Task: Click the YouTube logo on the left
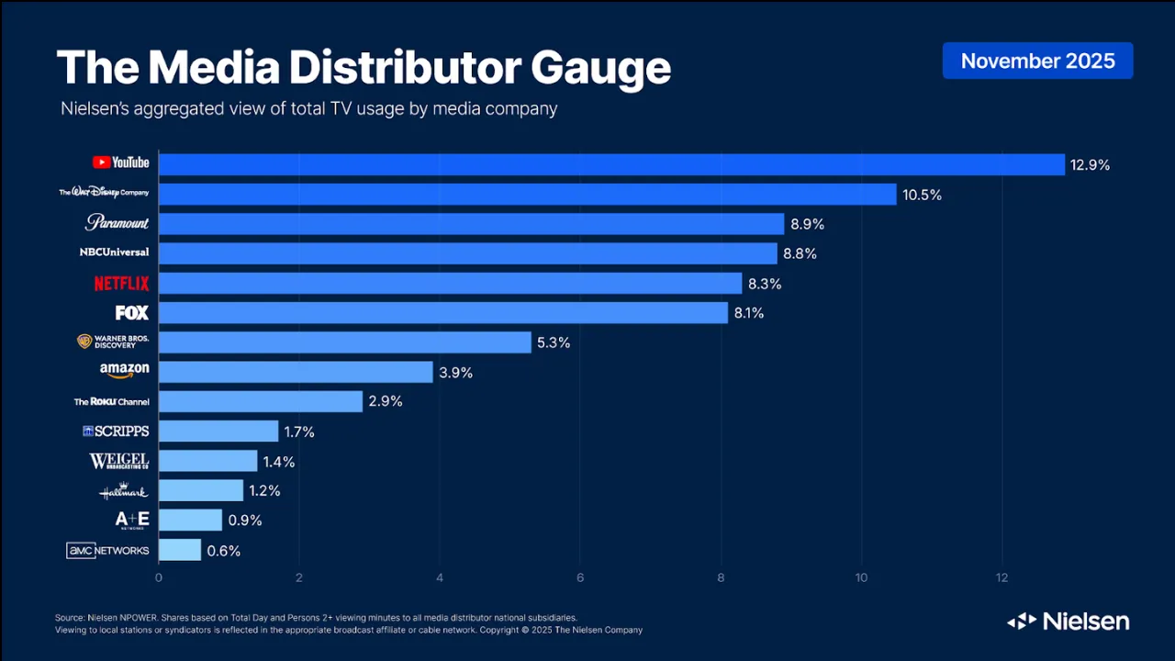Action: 120,162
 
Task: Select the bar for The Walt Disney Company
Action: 527,194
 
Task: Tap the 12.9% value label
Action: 1090,165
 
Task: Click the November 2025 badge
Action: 1037,61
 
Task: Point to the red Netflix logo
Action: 121,283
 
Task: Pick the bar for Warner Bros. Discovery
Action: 344,342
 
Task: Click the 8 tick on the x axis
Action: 721,577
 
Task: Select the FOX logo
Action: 132,313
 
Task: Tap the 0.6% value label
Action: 223,551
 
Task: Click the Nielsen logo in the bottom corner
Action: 1068,622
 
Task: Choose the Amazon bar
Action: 295,372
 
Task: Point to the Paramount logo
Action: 117,222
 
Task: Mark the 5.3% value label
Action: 553,342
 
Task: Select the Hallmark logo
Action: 123,491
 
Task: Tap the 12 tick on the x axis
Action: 1002,577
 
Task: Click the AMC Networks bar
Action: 179,550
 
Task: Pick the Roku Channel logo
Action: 111,401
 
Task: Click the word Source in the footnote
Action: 71,618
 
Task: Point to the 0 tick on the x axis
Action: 159,577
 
